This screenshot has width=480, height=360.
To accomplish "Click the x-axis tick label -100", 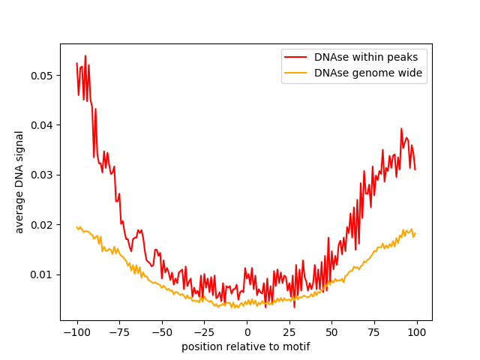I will [x=76, y=332].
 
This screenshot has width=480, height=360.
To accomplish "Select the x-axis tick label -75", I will [x=119, y=332].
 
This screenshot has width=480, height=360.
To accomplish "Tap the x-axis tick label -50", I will [x=161, y=332].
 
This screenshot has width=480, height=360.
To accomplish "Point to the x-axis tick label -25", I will [x=204, y=332].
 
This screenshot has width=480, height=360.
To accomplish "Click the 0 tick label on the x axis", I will [x=247, y=332].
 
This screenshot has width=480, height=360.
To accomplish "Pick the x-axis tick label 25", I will [x=289, y=332].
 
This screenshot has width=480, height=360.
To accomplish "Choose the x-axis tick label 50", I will [x=331, y=332].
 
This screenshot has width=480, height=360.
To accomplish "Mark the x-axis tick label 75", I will [x=373, y=332].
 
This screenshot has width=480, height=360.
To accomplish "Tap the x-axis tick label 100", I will [x=416, y=332].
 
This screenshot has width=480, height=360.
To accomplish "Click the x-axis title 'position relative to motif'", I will [x=246, y=346].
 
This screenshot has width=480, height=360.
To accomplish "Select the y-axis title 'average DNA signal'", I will [x=20, y=182].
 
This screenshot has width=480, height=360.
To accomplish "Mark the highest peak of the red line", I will [x=85, y=55].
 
